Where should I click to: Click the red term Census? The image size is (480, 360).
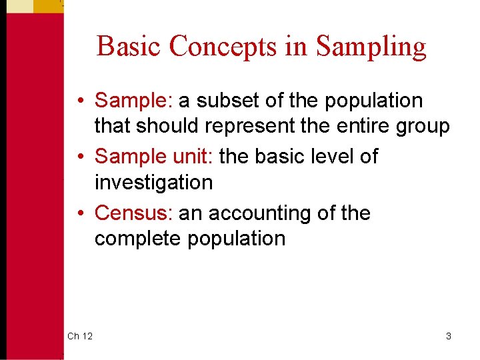[x=134, y=213]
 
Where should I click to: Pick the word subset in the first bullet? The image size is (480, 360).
[x=227, y=101]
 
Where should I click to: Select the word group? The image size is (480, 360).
[x=423, y=127]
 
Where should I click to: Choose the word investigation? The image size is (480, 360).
[x=153, y=183]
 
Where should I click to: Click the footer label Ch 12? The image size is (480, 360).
[x=80, y=336]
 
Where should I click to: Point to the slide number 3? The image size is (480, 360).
[x=449, y=336]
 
